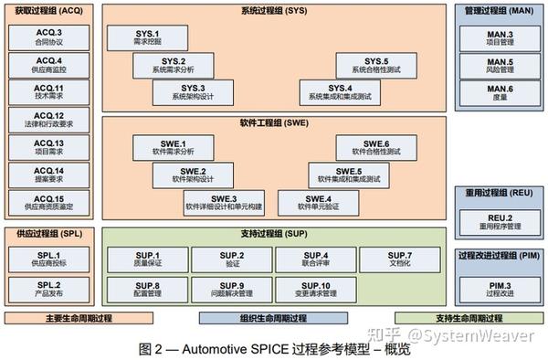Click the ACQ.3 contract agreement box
(48, 37)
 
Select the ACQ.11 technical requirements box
(48, 93)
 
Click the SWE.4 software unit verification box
(319, 202)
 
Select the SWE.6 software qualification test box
(375, 148)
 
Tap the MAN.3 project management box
(499, 37)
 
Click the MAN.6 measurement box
(499, 93)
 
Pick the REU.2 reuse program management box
(499, 221)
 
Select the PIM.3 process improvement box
(499, 290)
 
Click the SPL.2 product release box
(48, 290)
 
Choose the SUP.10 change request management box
(317, 290)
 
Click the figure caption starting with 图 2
(274, 348)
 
